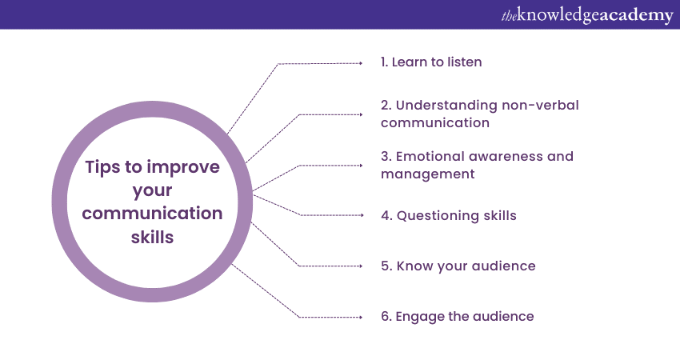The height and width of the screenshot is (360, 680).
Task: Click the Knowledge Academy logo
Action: [587, 15]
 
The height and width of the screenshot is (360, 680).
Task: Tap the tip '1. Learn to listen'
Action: [431, 62]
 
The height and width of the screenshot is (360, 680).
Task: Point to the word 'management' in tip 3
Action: [428, 174]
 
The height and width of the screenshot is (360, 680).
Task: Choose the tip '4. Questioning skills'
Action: [449, 215]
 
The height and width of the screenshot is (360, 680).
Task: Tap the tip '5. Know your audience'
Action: [458, 266]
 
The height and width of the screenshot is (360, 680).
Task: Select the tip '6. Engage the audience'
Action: [457, 316]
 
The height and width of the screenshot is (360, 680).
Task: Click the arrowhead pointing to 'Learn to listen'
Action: [361, 63]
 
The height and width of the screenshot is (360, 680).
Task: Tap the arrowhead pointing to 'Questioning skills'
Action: [362, 215]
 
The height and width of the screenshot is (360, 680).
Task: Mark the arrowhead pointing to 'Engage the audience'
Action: [361, 317]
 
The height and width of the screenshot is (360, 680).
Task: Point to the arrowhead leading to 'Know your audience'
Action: [361, 266]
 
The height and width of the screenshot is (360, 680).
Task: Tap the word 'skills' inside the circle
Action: [152, 237]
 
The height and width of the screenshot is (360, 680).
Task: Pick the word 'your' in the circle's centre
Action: [152, 191]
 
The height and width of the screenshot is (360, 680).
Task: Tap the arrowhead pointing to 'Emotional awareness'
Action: [361, 166]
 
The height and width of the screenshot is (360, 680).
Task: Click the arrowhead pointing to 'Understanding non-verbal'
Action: [361, 114]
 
